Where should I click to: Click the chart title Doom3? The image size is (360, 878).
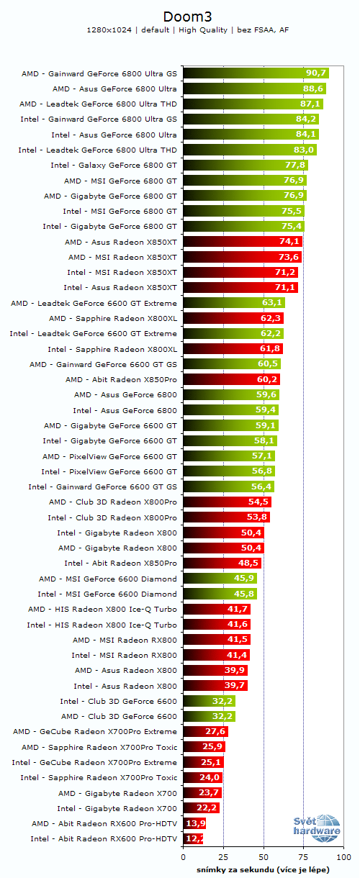[180, 16]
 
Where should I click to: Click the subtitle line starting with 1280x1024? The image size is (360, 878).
[180, 30]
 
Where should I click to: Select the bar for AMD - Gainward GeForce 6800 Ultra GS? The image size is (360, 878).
[256, 73]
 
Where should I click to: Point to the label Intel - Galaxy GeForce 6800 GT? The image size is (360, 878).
[114, 165]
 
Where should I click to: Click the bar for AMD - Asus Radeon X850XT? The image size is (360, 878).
[242, 242]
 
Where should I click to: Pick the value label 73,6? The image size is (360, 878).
[289, 257]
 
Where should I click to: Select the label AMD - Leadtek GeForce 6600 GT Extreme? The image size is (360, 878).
[94, 303]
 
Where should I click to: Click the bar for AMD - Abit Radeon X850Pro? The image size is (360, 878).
[231, 379]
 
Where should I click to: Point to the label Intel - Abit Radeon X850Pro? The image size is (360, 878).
[120, 563]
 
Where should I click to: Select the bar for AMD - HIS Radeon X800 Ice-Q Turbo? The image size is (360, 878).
[217, 609]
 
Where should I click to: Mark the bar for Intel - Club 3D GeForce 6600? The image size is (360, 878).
[209, 701]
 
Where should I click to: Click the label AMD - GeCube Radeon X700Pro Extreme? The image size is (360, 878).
[95, 731]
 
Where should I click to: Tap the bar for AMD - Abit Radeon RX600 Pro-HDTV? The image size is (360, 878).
[194, 823]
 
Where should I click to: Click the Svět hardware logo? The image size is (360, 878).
[317, 829]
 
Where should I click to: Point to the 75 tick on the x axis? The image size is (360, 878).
[304, 858]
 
